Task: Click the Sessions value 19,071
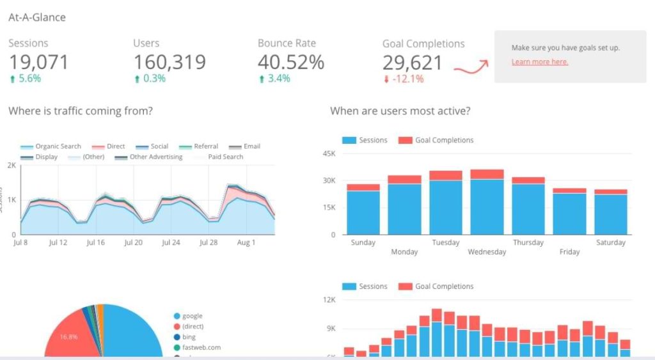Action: tap(38, 62)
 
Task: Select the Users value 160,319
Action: tap(170, 62)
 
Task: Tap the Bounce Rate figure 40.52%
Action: tap(291, 62)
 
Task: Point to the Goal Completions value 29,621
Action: tap(413, 63)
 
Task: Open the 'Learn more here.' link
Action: tap(540, 62)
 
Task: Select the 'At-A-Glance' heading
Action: tap(37, 17)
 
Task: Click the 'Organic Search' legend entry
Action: tap(58, 146)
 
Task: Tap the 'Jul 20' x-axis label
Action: tap(134, 243)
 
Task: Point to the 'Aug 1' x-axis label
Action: tap(246, 243)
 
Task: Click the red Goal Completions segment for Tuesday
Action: tap(446, 175)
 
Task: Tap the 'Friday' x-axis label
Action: tap(569, 252)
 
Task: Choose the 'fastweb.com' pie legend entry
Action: tap(201, 348)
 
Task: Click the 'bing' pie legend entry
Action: tap(189, 337)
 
